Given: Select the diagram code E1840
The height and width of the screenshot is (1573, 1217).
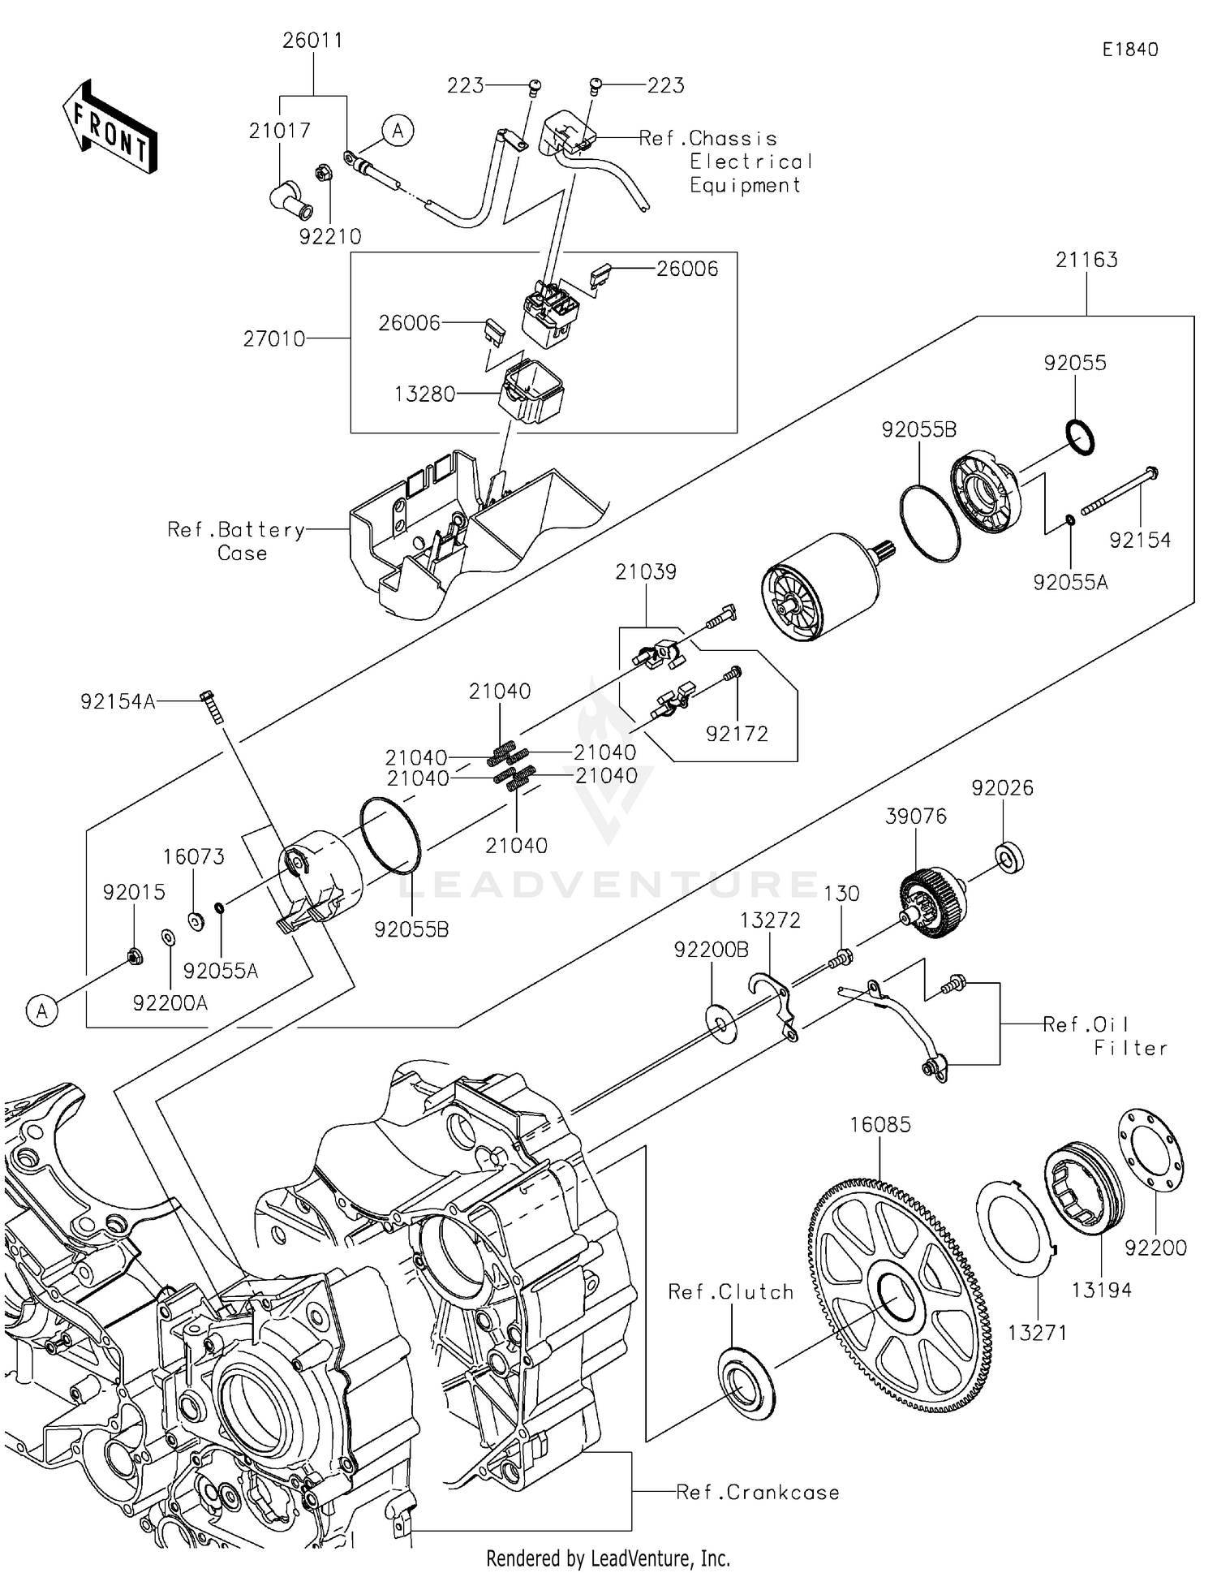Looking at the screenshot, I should click(1129, 50).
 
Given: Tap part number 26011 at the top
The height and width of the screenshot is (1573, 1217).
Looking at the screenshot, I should click(312, 41).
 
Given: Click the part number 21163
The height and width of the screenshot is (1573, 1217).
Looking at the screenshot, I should click(1086, 260).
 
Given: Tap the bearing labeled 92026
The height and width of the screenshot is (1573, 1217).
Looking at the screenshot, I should click(1008, 857).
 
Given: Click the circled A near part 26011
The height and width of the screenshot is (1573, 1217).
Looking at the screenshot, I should click(398, 130).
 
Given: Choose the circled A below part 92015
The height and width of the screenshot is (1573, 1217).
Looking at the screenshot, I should click(42, 1011).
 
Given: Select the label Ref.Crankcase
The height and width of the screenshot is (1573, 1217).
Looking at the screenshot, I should click(758, 1492).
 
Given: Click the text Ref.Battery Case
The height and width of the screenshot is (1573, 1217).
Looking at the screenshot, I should click(236, 541).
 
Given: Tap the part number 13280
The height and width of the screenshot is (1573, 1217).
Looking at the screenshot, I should click(424, 394).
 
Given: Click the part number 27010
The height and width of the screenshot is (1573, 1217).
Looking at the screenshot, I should click(274, 338).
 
